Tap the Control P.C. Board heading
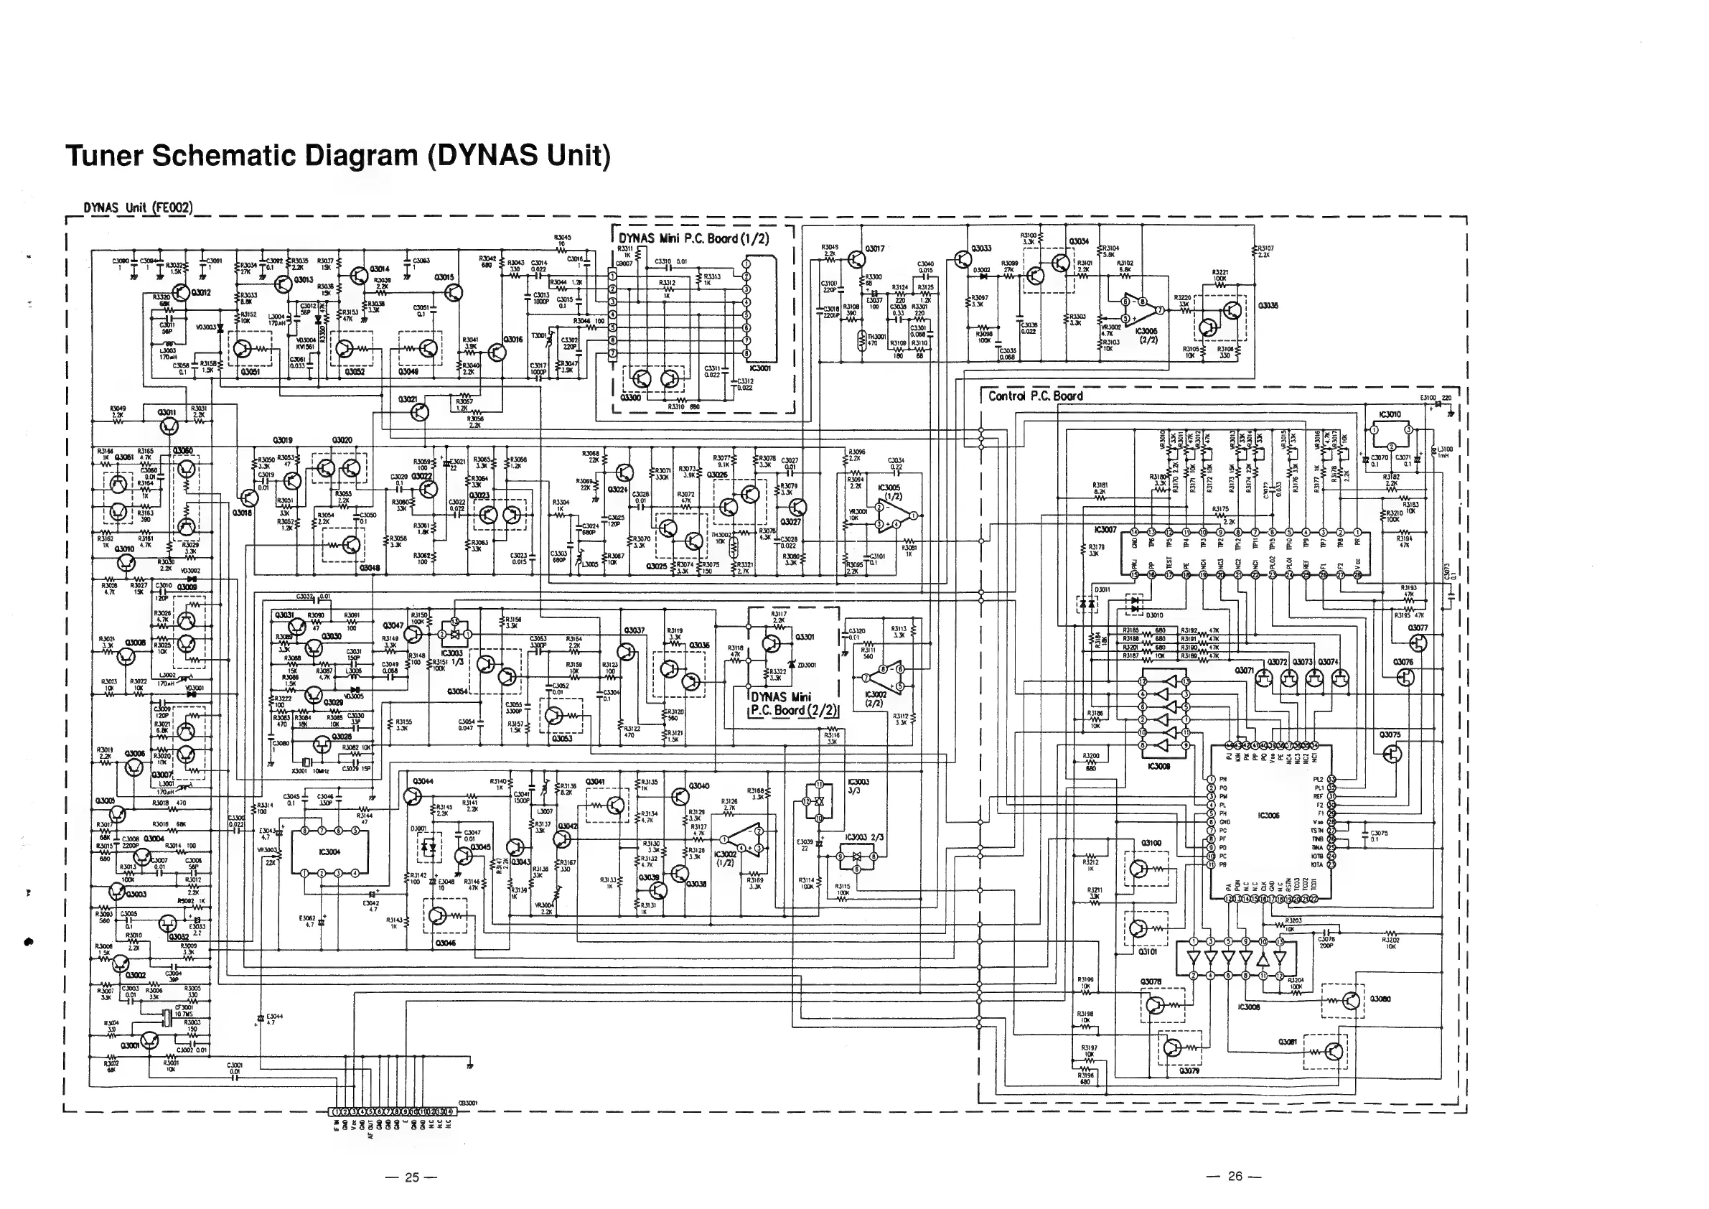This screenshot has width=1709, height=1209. coord(1034,396)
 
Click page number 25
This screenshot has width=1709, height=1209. coord(411,1176)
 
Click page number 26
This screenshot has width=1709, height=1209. coord(1234,1175)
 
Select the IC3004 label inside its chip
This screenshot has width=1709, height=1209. coord(329,851)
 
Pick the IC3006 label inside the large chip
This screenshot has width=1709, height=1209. coord(1268,816)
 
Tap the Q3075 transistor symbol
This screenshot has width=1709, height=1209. coord(1391,754)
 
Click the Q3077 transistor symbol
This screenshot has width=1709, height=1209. coord(1418,643)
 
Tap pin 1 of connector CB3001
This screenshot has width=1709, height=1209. coord(335,1113)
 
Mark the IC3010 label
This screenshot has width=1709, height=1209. coord(1390,415)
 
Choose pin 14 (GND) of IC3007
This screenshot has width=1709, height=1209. coord(1134,532)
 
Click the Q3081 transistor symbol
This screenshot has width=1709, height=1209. coord(1334,1052)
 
